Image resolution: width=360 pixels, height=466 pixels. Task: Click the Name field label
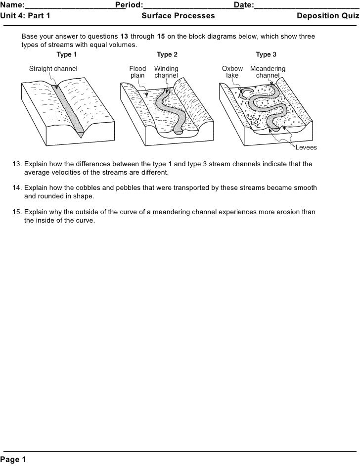pyautogui.click(x=12, y=5)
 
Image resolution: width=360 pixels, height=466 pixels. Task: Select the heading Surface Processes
pyautogui.click(x=178, y=16)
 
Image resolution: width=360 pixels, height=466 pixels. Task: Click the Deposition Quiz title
pyautogui.click(x=328, y=16)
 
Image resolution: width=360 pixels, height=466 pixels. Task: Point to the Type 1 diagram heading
pyautogui.click(x=67, y=54)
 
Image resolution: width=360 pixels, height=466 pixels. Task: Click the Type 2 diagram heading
pyautogui.click(x=167, y=54)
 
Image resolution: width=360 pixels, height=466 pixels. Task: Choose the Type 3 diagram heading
pyautogui.click(x=266, y=54)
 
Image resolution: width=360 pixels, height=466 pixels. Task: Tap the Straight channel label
pyautogui.click(x=53, y=69)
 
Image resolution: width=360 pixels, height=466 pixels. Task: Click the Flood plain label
pyautogui.click(x=137, y=72)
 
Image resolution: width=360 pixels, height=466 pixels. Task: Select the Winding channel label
pyautogui.click(x=166, y=72)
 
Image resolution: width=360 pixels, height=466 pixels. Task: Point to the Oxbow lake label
pyautogui.click(x=232, y=72)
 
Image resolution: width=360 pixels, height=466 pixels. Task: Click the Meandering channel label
pyautogui.click(x=268, y=72)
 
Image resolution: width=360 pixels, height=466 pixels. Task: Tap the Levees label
pyautogui.click(x=306, y=147)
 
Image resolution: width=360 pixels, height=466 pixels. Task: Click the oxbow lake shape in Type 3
pyautogui.click(x=246, y=92)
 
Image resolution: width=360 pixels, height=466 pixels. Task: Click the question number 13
pyautogui.click(x=17, y=164)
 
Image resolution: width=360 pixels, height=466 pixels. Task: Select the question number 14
pyautogui.click(x=17, y=188)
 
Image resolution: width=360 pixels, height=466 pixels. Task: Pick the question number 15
pyautogui.click(x=17, y=212)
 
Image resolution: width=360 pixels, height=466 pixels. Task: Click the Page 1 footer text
pyautogui.click(x=13, y=460)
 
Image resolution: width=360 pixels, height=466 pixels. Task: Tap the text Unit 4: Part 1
pyautogui.click(x=25, y=16)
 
